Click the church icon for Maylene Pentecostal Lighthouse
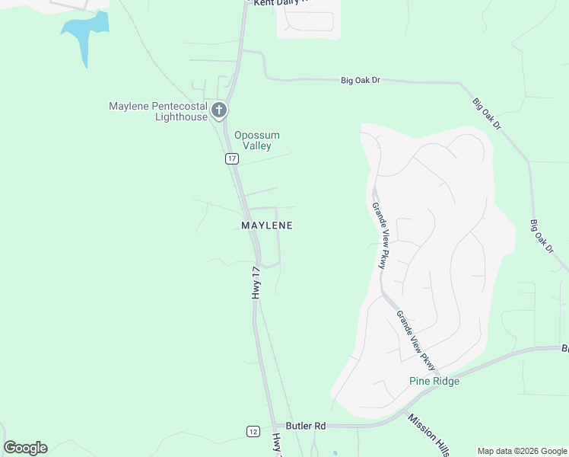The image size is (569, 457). click(x=219, y=110)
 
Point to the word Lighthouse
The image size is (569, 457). click(x=181, y=117)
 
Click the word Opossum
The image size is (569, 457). click(x=257, y=136)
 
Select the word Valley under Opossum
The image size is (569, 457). click(x=257, y=145)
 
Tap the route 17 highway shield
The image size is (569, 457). click(x=232, y=158)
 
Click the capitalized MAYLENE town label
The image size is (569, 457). click(x=267, y=225)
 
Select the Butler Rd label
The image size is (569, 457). click(x=306, y=426)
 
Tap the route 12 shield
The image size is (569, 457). click(x=253, y=431)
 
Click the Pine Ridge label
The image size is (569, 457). click(x=434, y=381)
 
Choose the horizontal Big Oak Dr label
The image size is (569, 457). click(x=360, y=79)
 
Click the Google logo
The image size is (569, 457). click(x=25, y=448)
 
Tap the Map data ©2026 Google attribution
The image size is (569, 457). click(x=522, y=451)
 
